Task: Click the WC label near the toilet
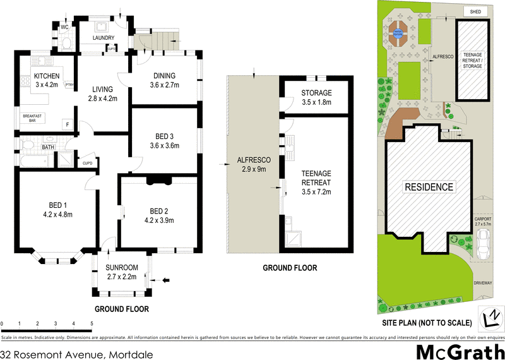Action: click(x=64, y=27)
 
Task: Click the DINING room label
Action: click(x=163, y=76)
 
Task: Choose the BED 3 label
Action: click(x=163, y=136)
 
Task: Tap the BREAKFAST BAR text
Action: click(x=32, y=118)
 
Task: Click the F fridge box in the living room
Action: click(x=67, y=124)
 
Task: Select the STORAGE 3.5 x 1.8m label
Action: click(x=316, y=93)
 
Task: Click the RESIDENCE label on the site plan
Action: click(x=429, y=187)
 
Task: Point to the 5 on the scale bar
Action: click(x=92, y=323)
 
